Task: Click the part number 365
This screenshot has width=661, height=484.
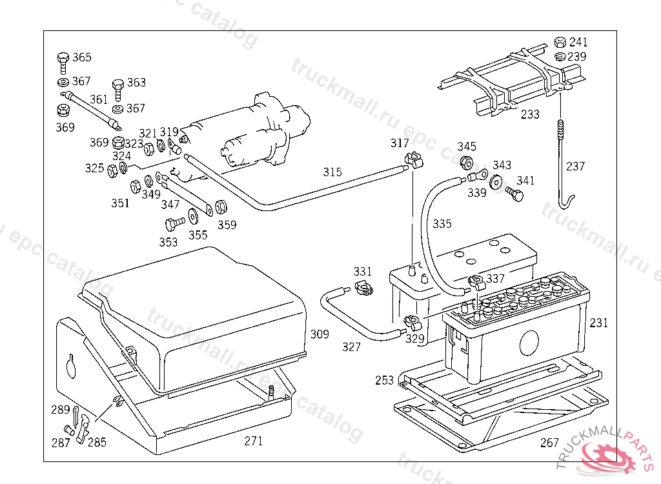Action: [x=81, y=57]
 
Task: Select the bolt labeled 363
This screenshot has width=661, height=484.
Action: [x=117, y=86]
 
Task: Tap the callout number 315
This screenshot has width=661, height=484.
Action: [x=332, y=172]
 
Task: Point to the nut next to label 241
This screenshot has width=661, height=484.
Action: [x=561, y=43]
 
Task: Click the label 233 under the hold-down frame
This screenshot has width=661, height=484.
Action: [x=530, y=114]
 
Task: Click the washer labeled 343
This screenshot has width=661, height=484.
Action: [x=496, y=181]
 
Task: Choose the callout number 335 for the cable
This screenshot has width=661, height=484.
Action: [x=442, y=224]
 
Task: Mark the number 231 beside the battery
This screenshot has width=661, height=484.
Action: [x=599, y=323]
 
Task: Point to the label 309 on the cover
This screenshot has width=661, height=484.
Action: [x=320, y=334]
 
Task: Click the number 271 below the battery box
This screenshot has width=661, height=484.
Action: [x=254, y=441]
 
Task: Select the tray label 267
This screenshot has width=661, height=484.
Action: [x=550, y=443]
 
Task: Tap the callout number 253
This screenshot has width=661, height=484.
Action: [x=384, y=381]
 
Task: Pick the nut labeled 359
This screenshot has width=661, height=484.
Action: [x=219, y=207]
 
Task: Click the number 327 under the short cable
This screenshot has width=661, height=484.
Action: [x=352, y=347]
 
